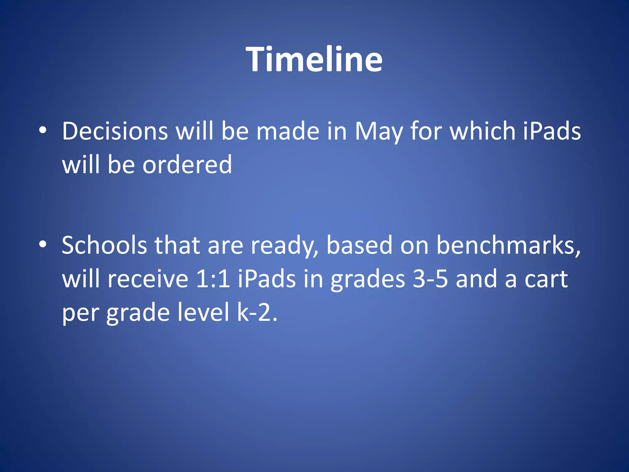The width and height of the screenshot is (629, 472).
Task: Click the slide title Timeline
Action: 314,59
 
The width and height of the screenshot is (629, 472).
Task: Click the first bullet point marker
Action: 43,131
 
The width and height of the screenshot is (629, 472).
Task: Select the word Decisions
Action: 115,131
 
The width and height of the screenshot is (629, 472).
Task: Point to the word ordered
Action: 187,165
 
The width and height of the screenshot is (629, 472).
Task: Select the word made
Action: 288,131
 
